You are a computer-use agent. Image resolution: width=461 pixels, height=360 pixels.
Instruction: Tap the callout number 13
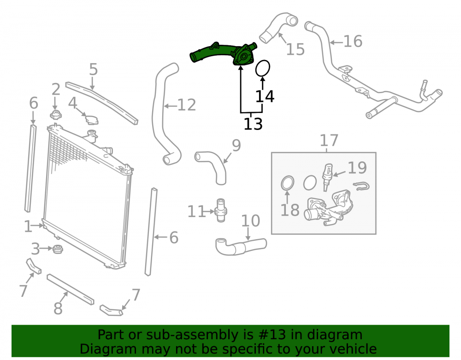click(253, 124)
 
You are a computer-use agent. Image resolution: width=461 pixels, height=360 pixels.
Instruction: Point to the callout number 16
click(353, 41)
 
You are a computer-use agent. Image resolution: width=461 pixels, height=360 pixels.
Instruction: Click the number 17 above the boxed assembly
click(329, 140)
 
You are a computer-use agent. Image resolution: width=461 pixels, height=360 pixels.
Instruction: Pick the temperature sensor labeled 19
click(327, 177)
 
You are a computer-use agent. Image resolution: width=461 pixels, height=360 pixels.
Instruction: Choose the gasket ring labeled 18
click(287, 183)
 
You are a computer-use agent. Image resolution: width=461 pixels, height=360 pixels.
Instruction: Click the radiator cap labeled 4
click(91, 119)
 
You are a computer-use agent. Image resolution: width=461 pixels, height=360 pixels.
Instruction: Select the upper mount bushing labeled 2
click(56, 114)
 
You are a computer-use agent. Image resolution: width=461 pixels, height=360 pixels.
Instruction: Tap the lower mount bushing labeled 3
click(58, 249)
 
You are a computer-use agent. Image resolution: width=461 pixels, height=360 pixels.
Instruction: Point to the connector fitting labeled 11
click(220, 210)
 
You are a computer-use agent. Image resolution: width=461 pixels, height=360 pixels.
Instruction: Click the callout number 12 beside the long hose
click(187, 105)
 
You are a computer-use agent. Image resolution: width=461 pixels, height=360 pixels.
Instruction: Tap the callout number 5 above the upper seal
click(93, 69)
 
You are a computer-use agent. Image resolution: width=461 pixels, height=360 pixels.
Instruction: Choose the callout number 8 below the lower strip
click(58, 308)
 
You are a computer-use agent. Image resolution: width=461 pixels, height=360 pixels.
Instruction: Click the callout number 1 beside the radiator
click(28, 226)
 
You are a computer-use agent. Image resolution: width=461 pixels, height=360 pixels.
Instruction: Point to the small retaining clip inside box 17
click(361, 186)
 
